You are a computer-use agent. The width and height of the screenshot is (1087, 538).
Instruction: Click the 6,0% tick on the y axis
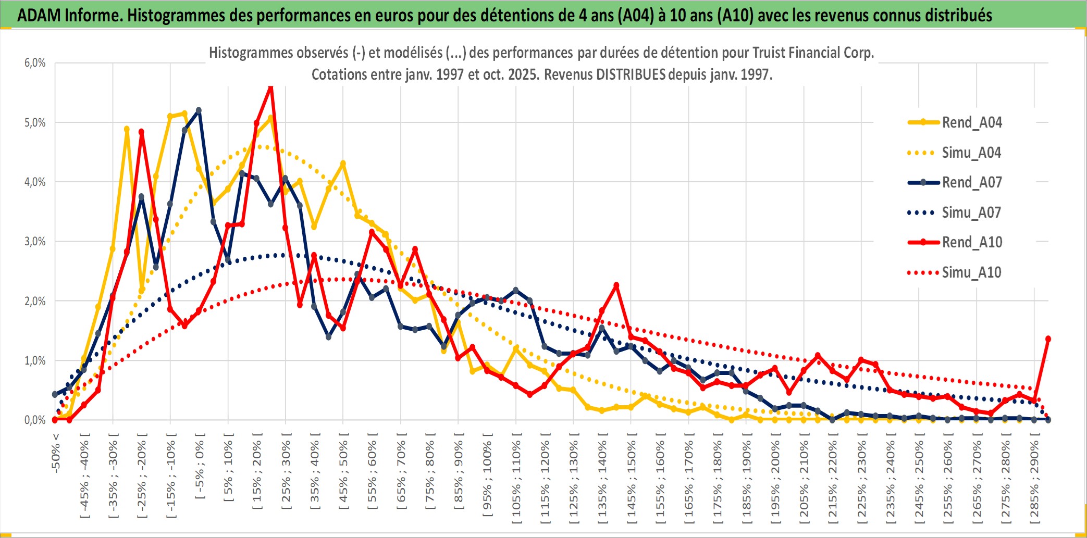click(35, 63)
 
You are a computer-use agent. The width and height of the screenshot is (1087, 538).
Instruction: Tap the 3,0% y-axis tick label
click(35, 242)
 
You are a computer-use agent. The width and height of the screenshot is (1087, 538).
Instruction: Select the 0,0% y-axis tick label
click(35, 420)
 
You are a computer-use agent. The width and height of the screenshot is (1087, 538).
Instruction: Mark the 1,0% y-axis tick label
click(35, 360)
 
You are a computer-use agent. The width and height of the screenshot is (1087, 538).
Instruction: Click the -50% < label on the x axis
click(56, 453)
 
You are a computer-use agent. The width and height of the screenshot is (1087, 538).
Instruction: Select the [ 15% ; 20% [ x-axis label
click(257, 475)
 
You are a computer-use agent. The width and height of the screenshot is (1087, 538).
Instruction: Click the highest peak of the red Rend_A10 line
click(270, 87)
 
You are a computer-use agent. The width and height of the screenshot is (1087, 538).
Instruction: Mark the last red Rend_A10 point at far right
click(1048, 339)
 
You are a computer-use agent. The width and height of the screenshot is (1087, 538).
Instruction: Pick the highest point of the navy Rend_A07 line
click(199, 110)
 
